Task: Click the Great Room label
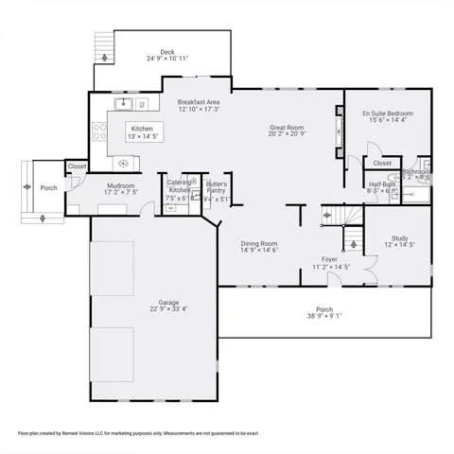click(x=286, y=127)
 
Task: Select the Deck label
click(x=167, y=52)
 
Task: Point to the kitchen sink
click(x=123, y=103)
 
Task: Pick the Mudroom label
click(x=120, y=185)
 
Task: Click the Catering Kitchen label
click(x=179, y=185)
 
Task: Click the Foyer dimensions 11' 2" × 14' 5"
click(x=331, y=267)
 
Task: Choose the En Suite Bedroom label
click(x=388, y=113)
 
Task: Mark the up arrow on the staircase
click(x=354, y=244)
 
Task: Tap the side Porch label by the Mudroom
click(x=48, y=186)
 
